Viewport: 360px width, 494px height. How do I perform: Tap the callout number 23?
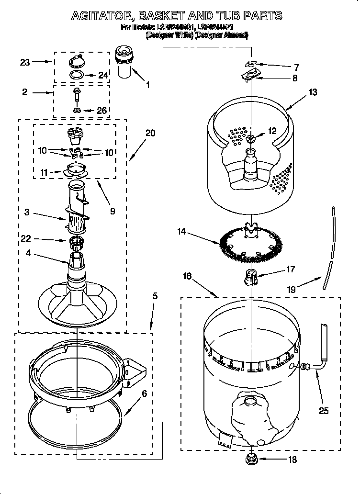(x=25, y=62)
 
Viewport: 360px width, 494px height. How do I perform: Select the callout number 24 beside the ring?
(x=103, y=75)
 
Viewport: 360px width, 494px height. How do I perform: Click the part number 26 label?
(x=101, y=110)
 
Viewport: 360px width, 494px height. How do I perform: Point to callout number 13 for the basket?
(x=312, y=92)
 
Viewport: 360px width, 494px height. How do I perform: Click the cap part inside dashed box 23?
(x=76, y=60)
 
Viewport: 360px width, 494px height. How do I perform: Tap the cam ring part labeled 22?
(x=76, y=242)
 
